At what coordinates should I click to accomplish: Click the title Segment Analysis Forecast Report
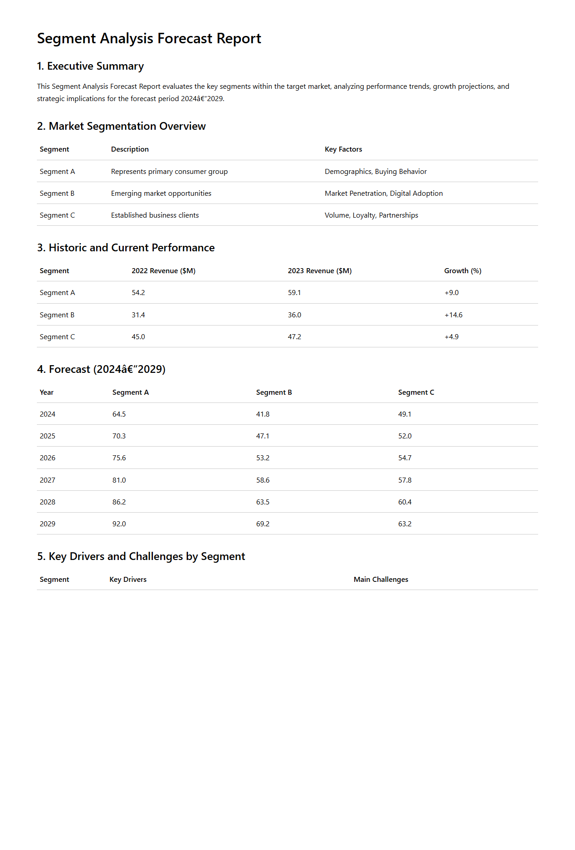[149, 39]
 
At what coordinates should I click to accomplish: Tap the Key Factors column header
[343, 149]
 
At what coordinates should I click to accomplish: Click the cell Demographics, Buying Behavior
[376, 172]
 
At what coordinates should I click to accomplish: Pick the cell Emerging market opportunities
[161, 193]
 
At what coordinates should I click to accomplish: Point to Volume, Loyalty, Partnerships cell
[371, 215]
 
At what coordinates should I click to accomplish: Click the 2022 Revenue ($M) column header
[163, 271]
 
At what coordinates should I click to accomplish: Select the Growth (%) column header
[463, 271]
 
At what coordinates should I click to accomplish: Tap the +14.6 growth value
[453, 315]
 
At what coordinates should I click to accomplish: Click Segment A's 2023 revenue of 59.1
[294, 293]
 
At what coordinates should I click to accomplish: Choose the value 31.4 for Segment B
[138, 315]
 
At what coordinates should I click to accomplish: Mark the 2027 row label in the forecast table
[47, 480]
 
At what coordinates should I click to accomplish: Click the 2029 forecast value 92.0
[119, 524]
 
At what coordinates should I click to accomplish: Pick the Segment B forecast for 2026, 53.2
[263, 458]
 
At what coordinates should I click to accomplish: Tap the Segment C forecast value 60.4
[405, 502]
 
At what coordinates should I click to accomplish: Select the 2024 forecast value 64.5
[119, 414]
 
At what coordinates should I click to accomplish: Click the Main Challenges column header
[381, 580]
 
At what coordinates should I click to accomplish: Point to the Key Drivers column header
[128, 580]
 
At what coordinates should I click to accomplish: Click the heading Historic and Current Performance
[126, 248]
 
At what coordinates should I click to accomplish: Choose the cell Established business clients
[155, 215]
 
